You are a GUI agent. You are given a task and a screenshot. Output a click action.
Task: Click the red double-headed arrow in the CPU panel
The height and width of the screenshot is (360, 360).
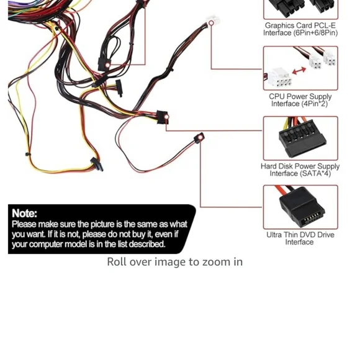click(x=299, y=71)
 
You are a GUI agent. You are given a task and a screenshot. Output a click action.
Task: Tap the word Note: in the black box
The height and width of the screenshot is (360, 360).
click(x=24, y=214)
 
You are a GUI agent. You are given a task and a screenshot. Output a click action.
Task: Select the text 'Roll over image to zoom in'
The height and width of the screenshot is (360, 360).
click(x=174, y=262)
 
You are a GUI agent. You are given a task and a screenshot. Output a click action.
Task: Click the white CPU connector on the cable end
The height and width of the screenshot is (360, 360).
click(x=213, y=20)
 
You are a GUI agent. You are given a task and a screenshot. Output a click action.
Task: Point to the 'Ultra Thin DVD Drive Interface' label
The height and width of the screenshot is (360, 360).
click(x=300, y=238)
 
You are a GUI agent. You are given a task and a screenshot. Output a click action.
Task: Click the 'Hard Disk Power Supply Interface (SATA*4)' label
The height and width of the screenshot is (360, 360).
click(x=300, y=169)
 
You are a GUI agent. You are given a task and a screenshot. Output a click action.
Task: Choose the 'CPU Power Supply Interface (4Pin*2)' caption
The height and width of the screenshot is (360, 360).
click(x=300, y=100)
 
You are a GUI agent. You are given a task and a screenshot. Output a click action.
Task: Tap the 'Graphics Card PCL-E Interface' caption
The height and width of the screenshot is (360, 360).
click(x=300, y=29)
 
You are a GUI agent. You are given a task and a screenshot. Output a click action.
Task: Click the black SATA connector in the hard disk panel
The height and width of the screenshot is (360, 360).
click(x=302, y=139)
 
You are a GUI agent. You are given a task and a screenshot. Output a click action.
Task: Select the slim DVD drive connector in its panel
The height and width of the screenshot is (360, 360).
click(x=302, y=208)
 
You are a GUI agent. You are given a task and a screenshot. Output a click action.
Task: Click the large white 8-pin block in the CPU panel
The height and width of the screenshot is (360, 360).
click(x=280, y=78)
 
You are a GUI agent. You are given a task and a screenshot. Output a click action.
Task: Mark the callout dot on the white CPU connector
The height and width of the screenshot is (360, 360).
click(x=211, y=23)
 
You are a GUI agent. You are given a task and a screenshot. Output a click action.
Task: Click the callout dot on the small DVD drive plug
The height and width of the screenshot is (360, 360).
click(x=200, y=137)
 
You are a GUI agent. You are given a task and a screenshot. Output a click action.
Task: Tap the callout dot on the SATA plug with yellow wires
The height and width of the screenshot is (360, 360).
click(x=166, y=117)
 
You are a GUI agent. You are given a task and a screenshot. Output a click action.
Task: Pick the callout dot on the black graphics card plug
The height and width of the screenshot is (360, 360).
click(x=107, y=65)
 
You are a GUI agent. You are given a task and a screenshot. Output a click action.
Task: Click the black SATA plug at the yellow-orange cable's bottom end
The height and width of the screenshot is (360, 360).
click(x=97, y=164)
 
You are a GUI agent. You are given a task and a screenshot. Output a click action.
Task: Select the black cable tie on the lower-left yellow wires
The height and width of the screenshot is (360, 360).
click(x=27, y=154)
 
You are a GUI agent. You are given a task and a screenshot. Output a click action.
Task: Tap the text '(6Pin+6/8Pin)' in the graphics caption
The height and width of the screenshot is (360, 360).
click(x=316, y=33)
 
